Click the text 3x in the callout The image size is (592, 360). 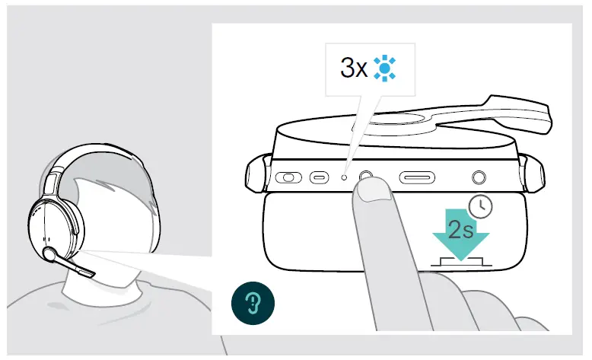point(354,68)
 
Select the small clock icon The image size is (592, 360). point(479,206)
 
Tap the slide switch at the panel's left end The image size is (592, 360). point(288,178)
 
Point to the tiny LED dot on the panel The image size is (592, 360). point(344,177)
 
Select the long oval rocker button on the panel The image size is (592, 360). point(417,177)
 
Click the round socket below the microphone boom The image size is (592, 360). point(479,177)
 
